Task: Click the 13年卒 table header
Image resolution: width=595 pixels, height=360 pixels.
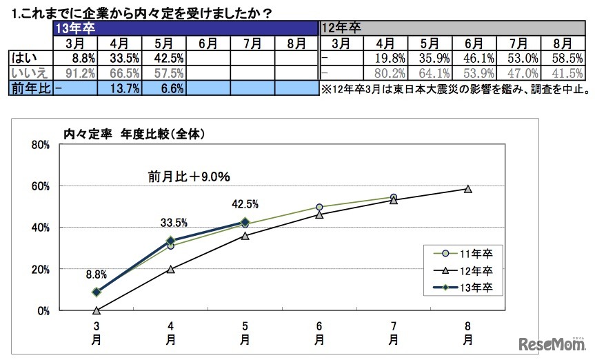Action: pyautogui.click(x=76, y=29)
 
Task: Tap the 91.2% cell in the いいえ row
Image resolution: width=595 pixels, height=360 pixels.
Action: pyautogui.click(x=76, y=72)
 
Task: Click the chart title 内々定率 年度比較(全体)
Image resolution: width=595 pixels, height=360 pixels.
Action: pyautogui.click(x=134, y=134)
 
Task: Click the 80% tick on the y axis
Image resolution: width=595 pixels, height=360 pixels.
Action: pyautogui.click(x=40, y=145)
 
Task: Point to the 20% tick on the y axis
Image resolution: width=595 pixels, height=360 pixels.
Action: pyautogui.click(x=40, y=269)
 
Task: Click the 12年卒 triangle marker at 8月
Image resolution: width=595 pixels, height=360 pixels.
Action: pyautogui.click(x=467, y=189)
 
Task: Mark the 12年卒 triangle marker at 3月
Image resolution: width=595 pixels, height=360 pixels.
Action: pyautogui.click(x=96, y=310)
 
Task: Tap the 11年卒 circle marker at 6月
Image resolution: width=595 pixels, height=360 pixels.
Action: pyautogui.click(x=319, y=207)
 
